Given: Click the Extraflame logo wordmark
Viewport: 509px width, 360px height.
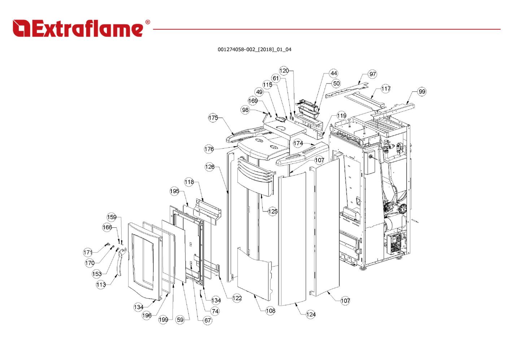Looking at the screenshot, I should click(78, 29).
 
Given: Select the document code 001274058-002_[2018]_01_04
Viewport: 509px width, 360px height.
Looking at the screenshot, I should click(254, 50).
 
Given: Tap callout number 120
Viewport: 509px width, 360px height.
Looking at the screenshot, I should click(284, 70).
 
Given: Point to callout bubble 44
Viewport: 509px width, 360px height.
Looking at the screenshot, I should click(334, 73).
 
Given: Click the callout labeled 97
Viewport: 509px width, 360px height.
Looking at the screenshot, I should click(373, 74).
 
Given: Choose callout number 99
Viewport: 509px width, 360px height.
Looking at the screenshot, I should click(422, 91).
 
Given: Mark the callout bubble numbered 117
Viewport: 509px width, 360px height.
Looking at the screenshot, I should click(386, 89).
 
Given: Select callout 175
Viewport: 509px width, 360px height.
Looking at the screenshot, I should click(213, 118).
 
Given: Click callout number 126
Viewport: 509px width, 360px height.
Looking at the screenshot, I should click(210, 167).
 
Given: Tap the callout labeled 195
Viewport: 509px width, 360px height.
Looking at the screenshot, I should click(174, 191).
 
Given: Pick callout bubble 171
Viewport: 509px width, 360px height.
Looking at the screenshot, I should click(88, 252).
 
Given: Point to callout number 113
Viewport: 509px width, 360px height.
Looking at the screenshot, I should click(101, 285).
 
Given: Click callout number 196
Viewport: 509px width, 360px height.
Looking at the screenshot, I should click(147, 316).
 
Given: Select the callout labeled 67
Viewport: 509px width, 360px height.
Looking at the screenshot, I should click(208, 320).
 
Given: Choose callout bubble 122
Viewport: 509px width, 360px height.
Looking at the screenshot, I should click(237, 298).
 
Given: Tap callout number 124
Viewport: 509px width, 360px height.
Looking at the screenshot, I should click(311, 314).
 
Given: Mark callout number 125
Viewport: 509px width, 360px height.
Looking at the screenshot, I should click(273, 211).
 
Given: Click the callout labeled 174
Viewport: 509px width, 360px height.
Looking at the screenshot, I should click(298, 143).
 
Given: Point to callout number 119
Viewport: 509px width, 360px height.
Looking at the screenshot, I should click(341, 116).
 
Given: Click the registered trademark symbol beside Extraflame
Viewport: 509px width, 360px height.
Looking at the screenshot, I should click(148, 22).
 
